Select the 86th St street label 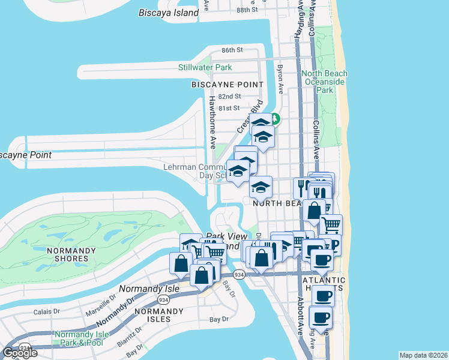click(231, 50)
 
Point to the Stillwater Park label click(205, 67)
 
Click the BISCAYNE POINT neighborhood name click(228, 85)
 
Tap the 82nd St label click(229, 97)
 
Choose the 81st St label click(229, 108)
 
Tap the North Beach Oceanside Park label click(325, 82)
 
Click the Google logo click(20, 352)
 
